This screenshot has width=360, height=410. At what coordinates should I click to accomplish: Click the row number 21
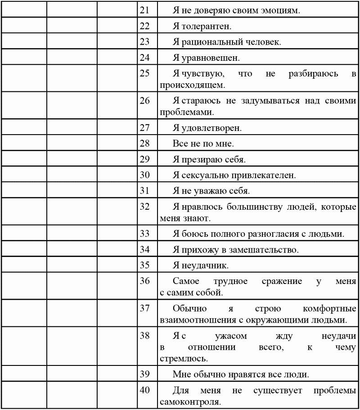(144, 9)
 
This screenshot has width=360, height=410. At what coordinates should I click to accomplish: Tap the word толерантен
(207, 26)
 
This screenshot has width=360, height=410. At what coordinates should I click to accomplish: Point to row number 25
(144, 74)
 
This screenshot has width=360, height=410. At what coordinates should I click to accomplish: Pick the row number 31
(144, 190)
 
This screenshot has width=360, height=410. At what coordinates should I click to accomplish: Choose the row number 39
(144, 373)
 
